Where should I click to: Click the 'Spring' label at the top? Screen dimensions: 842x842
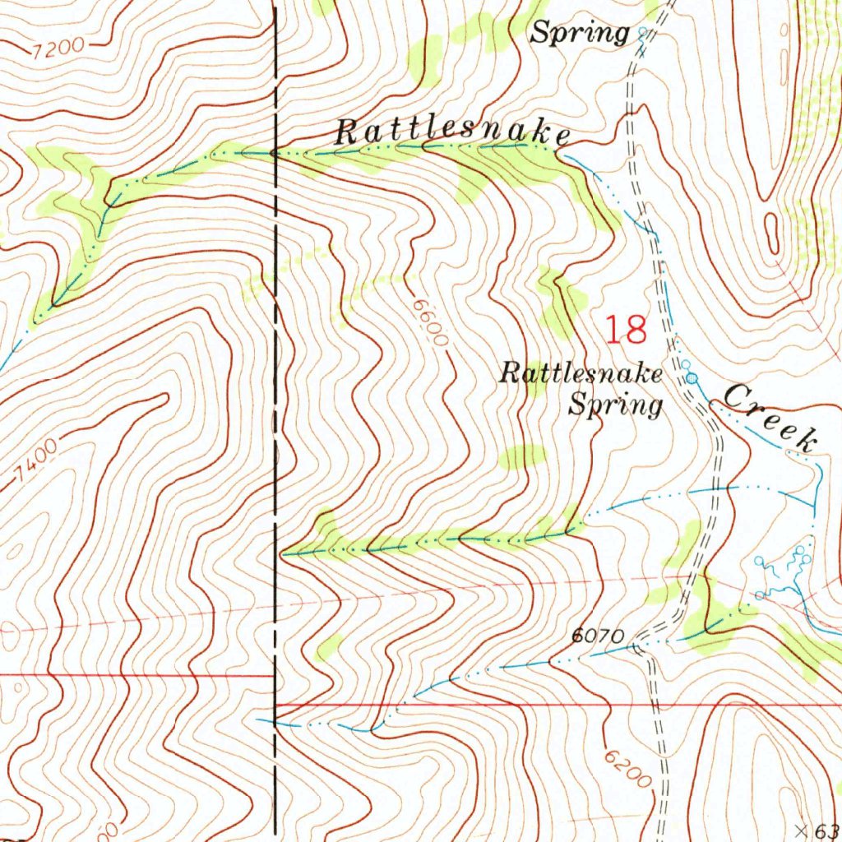pyautogui.click(x=580, y=33)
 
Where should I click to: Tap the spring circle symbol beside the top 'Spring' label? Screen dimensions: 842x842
pyautogui.click(x=643, y=33)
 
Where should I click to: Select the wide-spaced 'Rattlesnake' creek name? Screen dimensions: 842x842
pyautogui.click(x=453, y=132)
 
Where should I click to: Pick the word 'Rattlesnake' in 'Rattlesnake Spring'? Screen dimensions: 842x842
pyautogui.click(x=581, y=375)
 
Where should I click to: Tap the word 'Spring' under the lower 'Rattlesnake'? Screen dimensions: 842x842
pyautogui.click(x=616, y=405)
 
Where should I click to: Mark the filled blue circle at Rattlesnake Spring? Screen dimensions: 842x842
pyautogui.click(x=692, y=377)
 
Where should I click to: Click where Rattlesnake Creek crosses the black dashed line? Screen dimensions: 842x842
pyautogui.click(x=275, y=153)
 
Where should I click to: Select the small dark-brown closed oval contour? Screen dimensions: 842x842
pyautogui.click(x=771, y=233)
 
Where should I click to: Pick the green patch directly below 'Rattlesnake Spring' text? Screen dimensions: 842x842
pyautogui.click(x=522, y=456)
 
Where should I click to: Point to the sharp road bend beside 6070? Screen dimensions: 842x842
pyautogui.click(x=637, y=647)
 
